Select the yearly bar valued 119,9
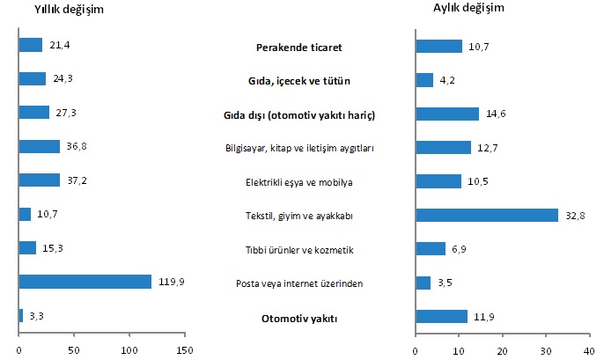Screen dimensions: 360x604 pyautogui.click(x=85, y=282)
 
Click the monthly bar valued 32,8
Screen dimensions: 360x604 pyautogui.click(x=487, y=215)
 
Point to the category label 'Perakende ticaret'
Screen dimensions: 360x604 pyautogui.click(x=299, y=47)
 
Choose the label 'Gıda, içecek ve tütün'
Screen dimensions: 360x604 pyautogui.click(x=299, y=81)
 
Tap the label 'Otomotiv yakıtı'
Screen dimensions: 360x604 pyautogui.click(x=299, y=318)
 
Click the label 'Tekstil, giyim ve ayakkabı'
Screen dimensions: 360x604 pyautogui.click(x=299, y=216)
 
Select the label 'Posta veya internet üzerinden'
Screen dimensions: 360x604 pyautogui.click(x=299, y=283)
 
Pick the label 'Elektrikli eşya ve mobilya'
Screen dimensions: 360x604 pyautogui.click(x=299, y=182)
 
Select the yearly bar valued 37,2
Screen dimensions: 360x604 pyautogui.click(x=40, y=180)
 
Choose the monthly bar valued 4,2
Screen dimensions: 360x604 pyautogui.click(x=424, y=80)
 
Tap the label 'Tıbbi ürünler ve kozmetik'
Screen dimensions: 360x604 pyautogui.click(x=299, y=250)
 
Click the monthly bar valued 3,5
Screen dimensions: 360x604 pyautogui.click(x=423, y=283)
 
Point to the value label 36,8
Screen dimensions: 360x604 pyautogui.click(x=74, y=147)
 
